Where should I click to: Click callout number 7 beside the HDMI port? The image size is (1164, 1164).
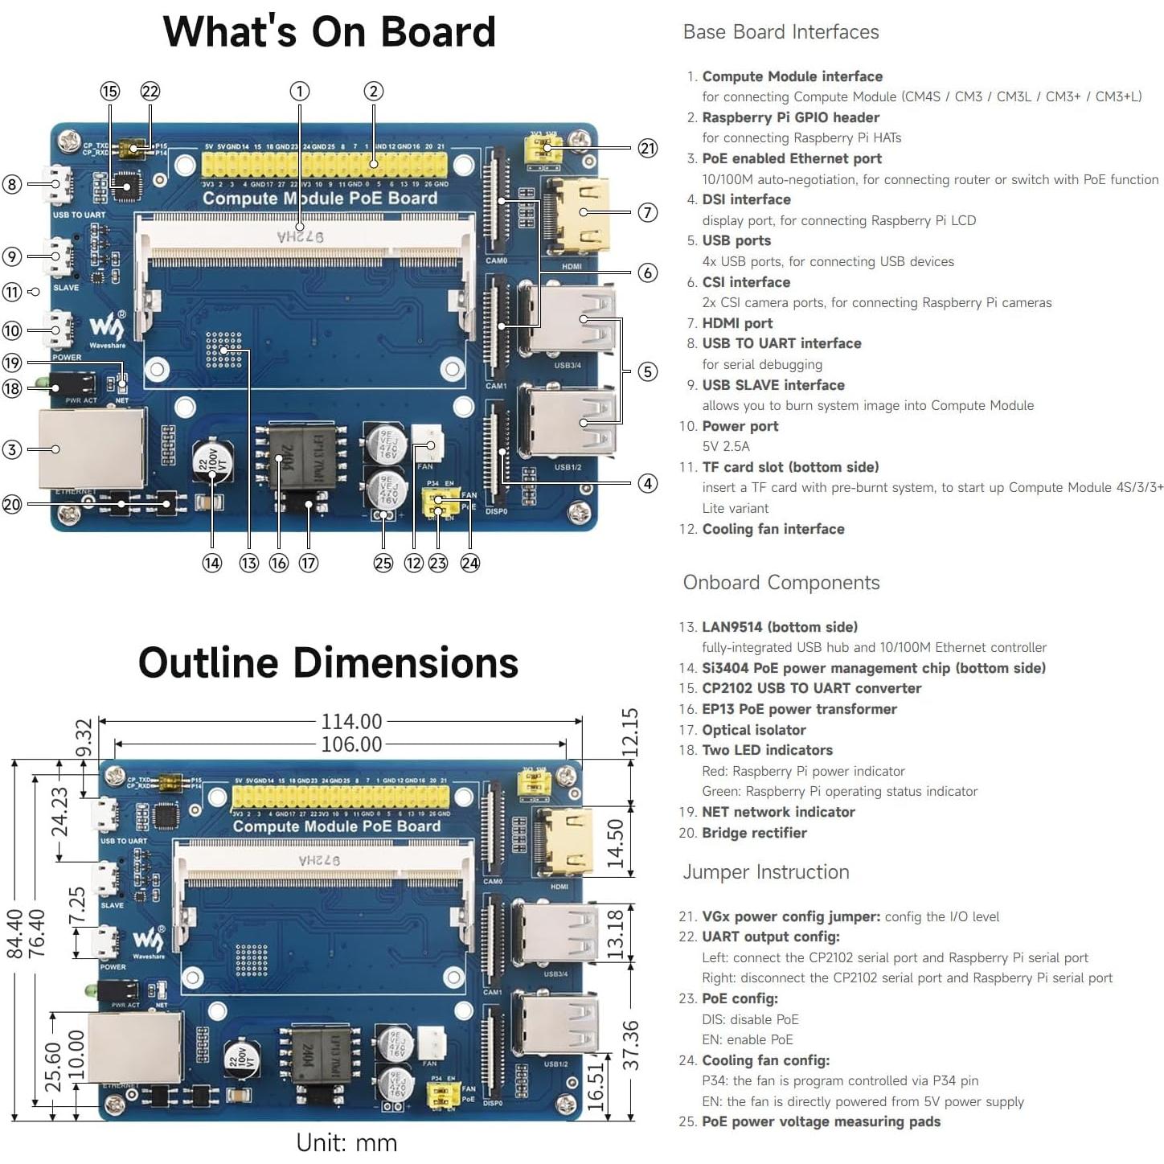click(x=647, y=212)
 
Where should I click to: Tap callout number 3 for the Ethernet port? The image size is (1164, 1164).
click(x=12, y=449)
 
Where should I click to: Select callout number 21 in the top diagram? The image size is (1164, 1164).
click(x=647, y=148)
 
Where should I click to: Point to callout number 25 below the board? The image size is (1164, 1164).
click(x=383, y=563)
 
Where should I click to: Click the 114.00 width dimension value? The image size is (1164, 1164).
click(x=351, y=721)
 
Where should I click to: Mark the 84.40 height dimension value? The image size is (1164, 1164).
click(x=15, y=933)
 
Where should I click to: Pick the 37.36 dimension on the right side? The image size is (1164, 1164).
click(x=630, y=1045)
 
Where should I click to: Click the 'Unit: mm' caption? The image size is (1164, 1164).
click(x=346, y=1142)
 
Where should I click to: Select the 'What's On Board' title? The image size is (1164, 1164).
click(x=329, y=32)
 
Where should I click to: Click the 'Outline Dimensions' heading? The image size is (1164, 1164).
click(x=328, y=663)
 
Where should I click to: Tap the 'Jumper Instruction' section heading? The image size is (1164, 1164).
click(x=765, y=872)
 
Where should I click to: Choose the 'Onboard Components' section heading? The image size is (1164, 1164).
click(x=781, y=583)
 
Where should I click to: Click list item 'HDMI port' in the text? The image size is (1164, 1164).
click(x=736, y=323)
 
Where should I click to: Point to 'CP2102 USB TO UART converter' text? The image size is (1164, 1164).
click(x=811, y=688)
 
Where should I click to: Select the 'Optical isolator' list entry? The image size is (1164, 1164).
click(x=753, y=730)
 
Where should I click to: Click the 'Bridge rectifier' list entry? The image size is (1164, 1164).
click(x=753, y=833)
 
